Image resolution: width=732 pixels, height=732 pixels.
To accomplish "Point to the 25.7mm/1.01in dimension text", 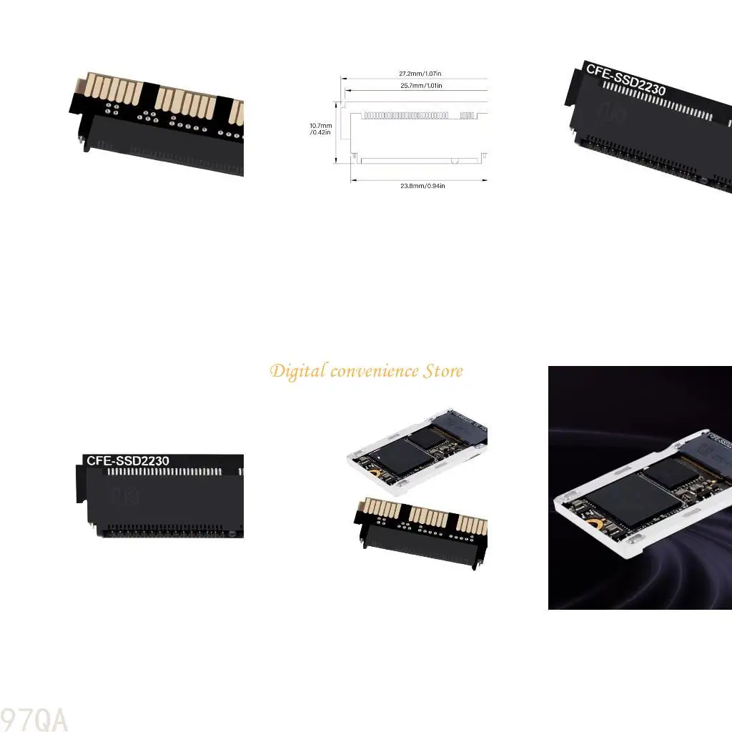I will [x=420, y=86].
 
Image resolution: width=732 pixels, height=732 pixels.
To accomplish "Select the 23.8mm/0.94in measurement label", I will [x=423, y=186].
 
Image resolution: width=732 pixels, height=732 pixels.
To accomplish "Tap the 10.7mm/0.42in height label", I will [x=321, y=129].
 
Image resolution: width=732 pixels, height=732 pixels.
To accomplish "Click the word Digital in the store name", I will [x=297, y=372].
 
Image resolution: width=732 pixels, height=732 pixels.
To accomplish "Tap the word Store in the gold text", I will [x=443, y=371].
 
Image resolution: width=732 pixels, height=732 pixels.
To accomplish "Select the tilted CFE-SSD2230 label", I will [x=625, y=79].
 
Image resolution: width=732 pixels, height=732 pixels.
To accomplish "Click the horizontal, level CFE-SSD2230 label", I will [x=127, y=461].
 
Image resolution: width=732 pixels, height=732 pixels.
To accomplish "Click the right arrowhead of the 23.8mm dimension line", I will [x=485, y=180].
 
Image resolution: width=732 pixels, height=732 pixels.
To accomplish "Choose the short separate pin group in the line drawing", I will [x=468, y=114].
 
